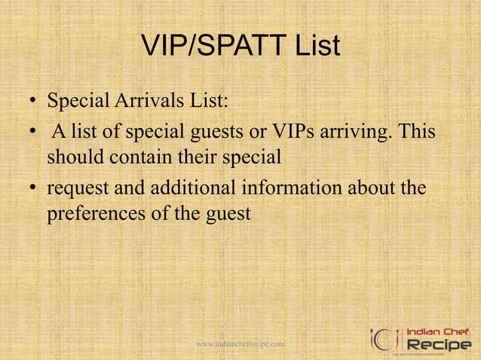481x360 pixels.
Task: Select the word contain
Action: [x=140, y=160]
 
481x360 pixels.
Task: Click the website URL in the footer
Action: [x=240, y=344]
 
